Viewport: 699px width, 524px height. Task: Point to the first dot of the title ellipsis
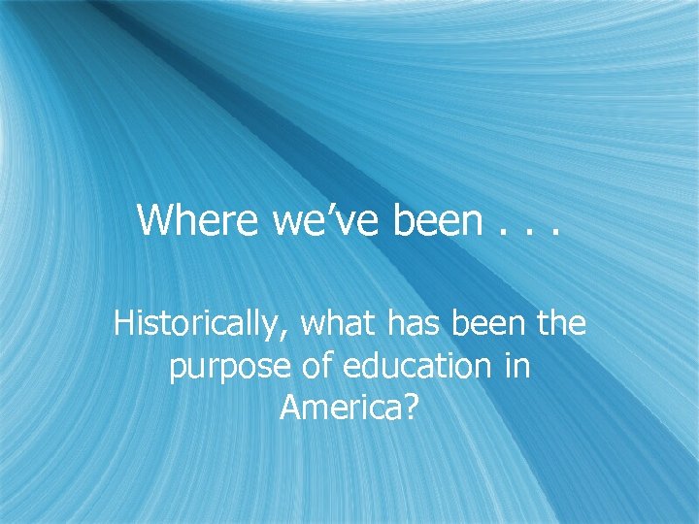click(502, 234)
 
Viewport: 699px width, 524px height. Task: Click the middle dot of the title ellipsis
click(529, 234)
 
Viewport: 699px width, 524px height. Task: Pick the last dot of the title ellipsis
click(556, 234)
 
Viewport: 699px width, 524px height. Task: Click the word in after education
click(516, 366)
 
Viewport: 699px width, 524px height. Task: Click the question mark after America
click(411, 409)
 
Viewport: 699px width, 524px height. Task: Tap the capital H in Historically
click(123, 323)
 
